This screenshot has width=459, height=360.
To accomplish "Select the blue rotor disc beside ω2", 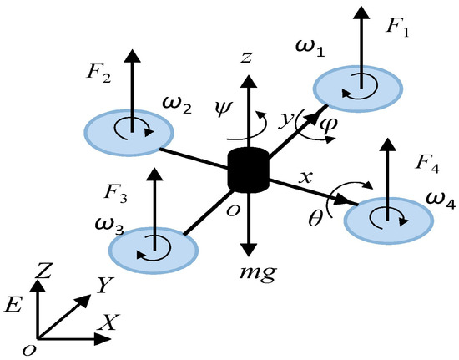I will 129,130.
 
